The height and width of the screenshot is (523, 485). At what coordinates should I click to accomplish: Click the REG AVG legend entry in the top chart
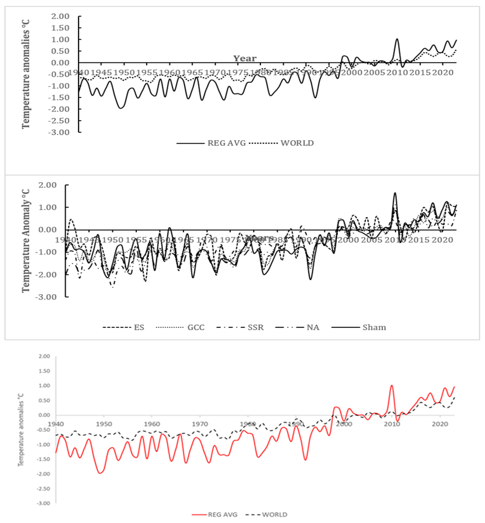tap(226, 143)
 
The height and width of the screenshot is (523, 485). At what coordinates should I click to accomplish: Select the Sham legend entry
tap(374, 327)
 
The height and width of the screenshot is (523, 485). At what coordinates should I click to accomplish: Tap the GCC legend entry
tap(196, 327)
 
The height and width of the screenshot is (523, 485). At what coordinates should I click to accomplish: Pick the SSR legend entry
tap(255, 327)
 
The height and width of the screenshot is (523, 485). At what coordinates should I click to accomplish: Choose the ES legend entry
tap(139, 327)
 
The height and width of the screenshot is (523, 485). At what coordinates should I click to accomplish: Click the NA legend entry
tap(313, 327)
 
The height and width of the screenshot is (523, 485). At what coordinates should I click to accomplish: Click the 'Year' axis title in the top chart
tap(245, 58)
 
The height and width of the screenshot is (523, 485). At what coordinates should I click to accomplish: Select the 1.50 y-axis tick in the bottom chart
tap(44, 371)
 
